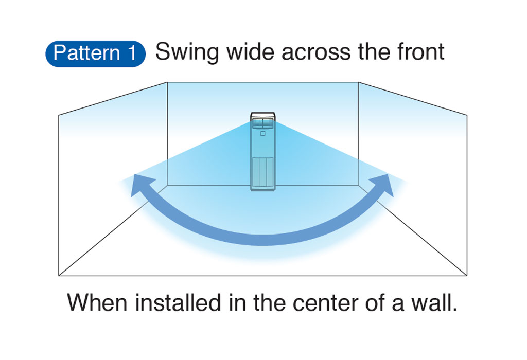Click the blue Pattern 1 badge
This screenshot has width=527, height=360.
point(96,53)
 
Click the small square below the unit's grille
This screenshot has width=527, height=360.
point(263,133)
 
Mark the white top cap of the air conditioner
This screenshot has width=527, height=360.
point(263,116)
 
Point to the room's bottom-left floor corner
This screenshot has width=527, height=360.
point(59,276)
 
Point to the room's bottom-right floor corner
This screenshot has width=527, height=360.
point(467,276)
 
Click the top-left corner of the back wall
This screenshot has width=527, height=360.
point(168,82)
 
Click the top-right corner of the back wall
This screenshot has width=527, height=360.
point(358,82)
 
